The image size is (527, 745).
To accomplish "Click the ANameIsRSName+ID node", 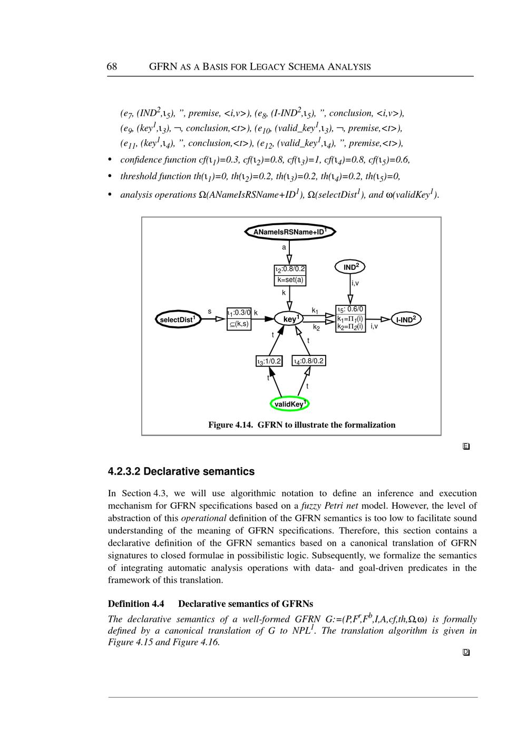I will click(x=290, y=231).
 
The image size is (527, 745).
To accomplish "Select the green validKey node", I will click(x=289, y=404).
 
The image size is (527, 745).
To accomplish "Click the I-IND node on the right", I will click(x=406, y=320).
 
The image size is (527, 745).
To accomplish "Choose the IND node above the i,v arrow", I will click(x=350, y=267).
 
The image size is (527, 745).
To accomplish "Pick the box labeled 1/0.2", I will click(x=269, y=361).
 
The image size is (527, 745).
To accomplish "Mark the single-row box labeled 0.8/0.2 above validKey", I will click(x=309, y=361).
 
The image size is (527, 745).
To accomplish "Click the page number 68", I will click(x=112, y=66).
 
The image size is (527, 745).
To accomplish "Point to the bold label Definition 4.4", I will click(x=136, y=604).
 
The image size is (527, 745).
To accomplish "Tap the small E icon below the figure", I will click(x=466, y=447).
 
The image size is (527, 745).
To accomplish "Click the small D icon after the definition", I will click(x=466, y=652).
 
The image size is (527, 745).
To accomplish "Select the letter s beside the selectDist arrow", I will click(x=210, y=312).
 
